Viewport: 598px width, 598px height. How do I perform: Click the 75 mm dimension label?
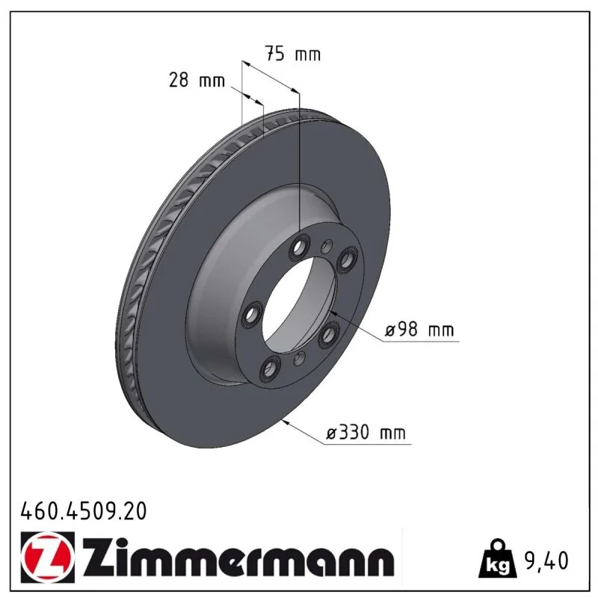(293, 53)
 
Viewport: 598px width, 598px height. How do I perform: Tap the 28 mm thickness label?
(197, 80)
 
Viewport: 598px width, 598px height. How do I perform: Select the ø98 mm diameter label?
(419, 329)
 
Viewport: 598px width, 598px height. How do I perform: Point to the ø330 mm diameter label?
(366, 433)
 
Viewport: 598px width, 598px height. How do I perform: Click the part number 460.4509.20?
(84, 511)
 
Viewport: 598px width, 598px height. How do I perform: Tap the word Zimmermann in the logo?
(238, 558)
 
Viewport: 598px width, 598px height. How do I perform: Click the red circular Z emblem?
(48, 557)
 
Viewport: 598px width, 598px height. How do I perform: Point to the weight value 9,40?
(546, 560)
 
